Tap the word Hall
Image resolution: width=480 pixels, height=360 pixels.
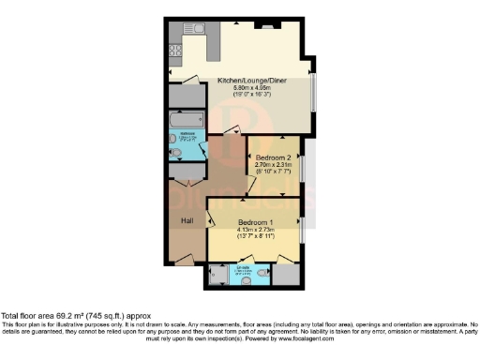click(x=187, y=219)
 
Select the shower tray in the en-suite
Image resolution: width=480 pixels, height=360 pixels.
click(x=217, y=274)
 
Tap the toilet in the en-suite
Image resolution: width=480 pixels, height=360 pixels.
click(x=262, y=275)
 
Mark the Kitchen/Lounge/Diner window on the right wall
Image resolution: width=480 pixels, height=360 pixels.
click(x=313, y=89)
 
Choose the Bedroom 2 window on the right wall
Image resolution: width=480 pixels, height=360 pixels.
click(x=302, y=169)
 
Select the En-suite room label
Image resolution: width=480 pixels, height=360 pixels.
click(x=242, y=268)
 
